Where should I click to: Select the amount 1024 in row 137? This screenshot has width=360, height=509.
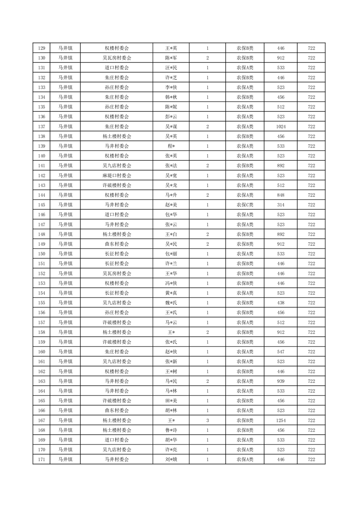point(281,127)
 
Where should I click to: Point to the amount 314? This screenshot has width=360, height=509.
point(281,205)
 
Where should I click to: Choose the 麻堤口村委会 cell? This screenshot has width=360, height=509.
point(117,176)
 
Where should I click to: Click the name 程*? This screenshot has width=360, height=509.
point(171,146)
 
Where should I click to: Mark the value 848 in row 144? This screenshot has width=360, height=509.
point(281,195)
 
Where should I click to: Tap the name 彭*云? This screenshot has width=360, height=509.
point(171,117)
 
